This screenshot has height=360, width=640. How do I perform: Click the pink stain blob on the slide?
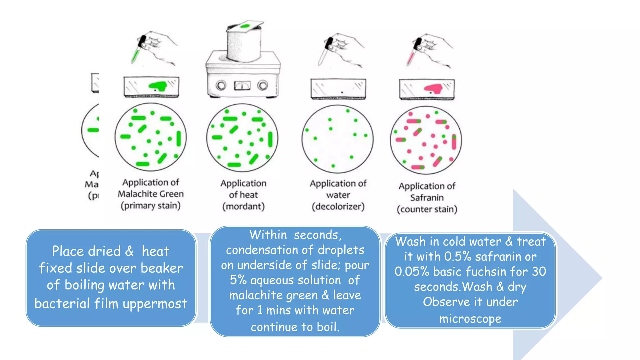(434, 88)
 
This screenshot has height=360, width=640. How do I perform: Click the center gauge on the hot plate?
(242, 85)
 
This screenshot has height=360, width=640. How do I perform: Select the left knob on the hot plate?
(221, 85)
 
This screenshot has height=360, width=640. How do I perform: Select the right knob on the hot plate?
(262, 85)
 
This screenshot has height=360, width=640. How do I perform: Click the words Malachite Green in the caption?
(151, 194)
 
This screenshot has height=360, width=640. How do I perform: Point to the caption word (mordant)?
(243, 207)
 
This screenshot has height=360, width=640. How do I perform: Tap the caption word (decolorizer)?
(338, 207)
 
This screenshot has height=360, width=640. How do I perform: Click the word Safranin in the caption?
(427, 198)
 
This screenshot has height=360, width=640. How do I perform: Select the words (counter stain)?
(427, 209)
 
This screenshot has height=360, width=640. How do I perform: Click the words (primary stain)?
(151, 206)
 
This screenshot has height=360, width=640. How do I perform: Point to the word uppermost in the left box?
(155, 303)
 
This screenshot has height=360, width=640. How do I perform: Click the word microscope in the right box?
(470, 319)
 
